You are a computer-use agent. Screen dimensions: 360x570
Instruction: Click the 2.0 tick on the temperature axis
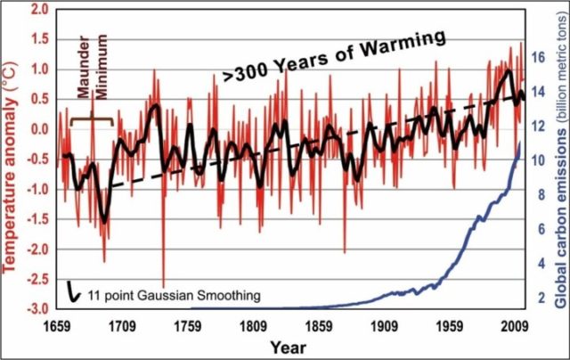pyautogui.click(x=38, y=10)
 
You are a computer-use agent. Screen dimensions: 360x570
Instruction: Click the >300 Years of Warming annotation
pyautogui.click(x=331, y=55)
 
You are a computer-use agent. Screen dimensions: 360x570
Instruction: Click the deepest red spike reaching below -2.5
pyautogui.click(x=164, y=307)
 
